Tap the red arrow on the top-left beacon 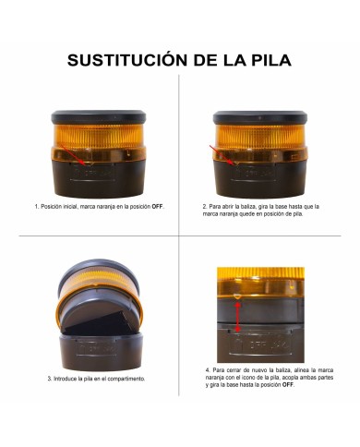click(x=78, y=160)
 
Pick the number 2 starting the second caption click(x=204, y=206)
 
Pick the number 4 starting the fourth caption click(x=208, y=368)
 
